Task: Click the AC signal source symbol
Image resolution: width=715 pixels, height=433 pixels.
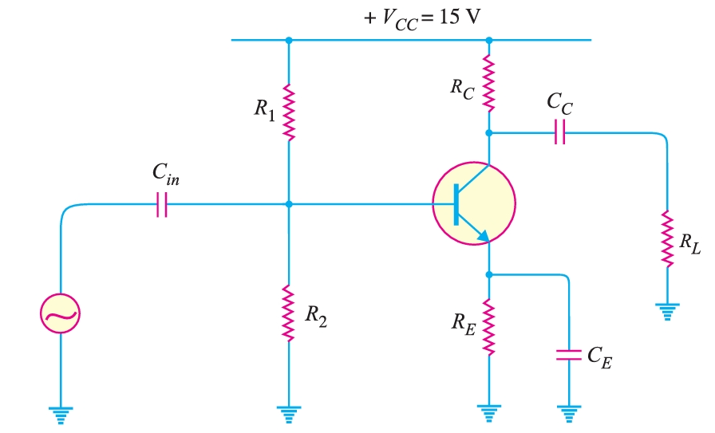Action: click(x=61, y=315)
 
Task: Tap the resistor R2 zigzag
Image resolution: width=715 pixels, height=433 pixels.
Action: click(x=288, y=314)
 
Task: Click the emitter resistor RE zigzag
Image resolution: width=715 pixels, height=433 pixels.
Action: click(x=489, y=328)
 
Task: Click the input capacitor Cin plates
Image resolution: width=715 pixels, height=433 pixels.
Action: click(x=162, y=204)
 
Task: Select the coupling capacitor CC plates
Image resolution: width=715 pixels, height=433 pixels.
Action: click(x=559, y=133)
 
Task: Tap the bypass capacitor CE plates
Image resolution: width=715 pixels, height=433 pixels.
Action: click(x=568, y=355)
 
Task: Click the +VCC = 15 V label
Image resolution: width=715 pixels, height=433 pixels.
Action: click(x=422, y=17)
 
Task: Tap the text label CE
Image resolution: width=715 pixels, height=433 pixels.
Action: click(x=598, y=360)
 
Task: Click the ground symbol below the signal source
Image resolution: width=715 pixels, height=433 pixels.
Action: click(x=61, y=413)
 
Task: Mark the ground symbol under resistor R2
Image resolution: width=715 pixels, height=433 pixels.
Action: click(x=288, y=413)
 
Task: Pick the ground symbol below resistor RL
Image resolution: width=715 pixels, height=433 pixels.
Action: click(x=667, y=309)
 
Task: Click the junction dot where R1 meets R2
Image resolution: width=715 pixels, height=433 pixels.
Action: click(x=288, y=204)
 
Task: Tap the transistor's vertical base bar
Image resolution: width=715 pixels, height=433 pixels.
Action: click(x=455, y=204)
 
